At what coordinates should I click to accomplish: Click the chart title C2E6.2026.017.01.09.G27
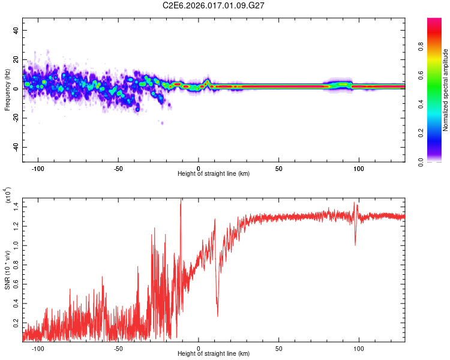[214, 5]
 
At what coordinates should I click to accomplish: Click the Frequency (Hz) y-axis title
[7, 89]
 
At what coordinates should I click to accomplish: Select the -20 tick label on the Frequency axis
[14, 118]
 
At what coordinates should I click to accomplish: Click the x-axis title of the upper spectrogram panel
[214, 174]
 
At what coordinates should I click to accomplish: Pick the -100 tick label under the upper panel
[38, 168]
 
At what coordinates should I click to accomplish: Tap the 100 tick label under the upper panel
[359, 168]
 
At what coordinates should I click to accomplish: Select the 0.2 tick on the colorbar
[439, 133]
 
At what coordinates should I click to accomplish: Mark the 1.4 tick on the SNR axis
[16, 206]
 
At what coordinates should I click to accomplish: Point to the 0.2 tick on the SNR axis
[16, 323]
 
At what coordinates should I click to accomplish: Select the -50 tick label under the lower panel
[118, 348]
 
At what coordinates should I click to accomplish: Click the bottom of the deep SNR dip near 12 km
[217, 316]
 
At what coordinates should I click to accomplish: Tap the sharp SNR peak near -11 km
[181, 200]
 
